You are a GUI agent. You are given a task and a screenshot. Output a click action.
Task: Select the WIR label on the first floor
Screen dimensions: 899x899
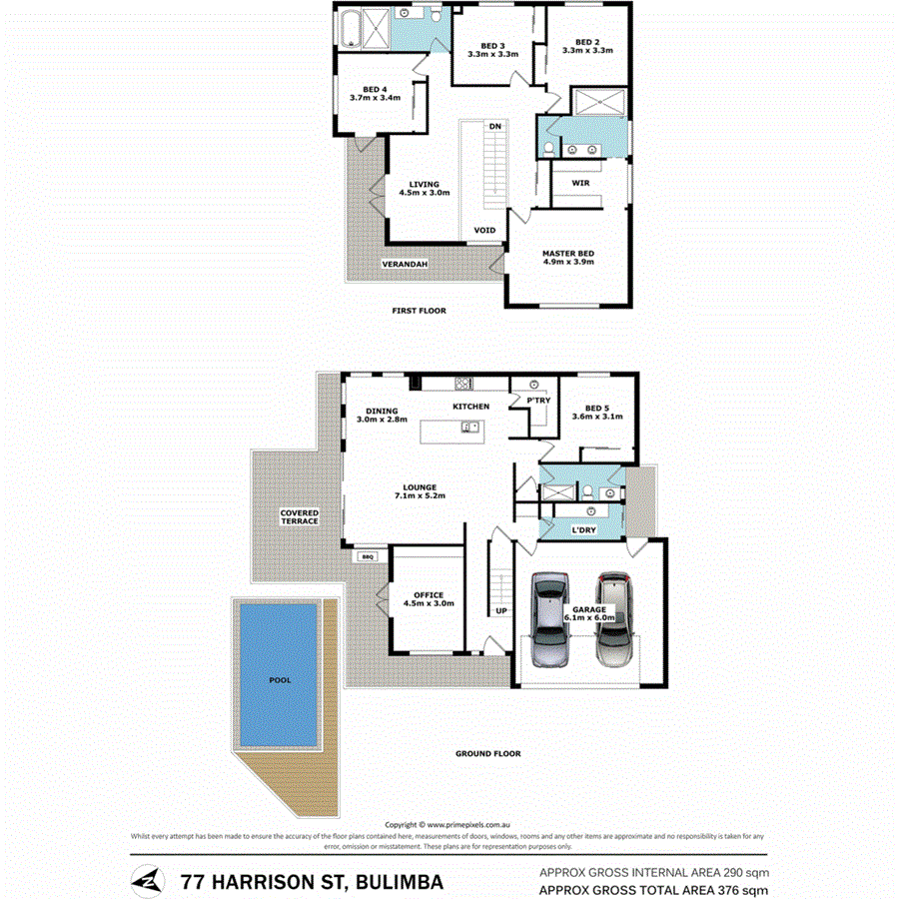click(x=580, y=184)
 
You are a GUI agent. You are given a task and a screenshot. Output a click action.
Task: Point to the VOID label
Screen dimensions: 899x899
click(x=484, y=231)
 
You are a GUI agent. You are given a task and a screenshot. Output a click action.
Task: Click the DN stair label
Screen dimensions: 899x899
click(x=494, y=127)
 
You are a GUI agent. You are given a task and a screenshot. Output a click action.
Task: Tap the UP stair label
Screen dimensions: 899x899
click(x=500, y=610)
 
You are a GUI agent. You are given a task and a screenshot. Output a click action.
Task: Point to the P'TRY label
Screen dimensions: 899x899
click(x=537, y=401)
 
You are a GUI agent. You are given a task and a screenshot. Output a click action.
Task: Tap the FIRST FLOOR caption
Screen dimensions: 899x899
click(x=419, y=311)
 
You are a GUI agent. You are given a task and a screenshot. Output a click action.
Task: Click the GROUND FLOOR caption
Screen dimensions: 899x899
click(x=487, y=754)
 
